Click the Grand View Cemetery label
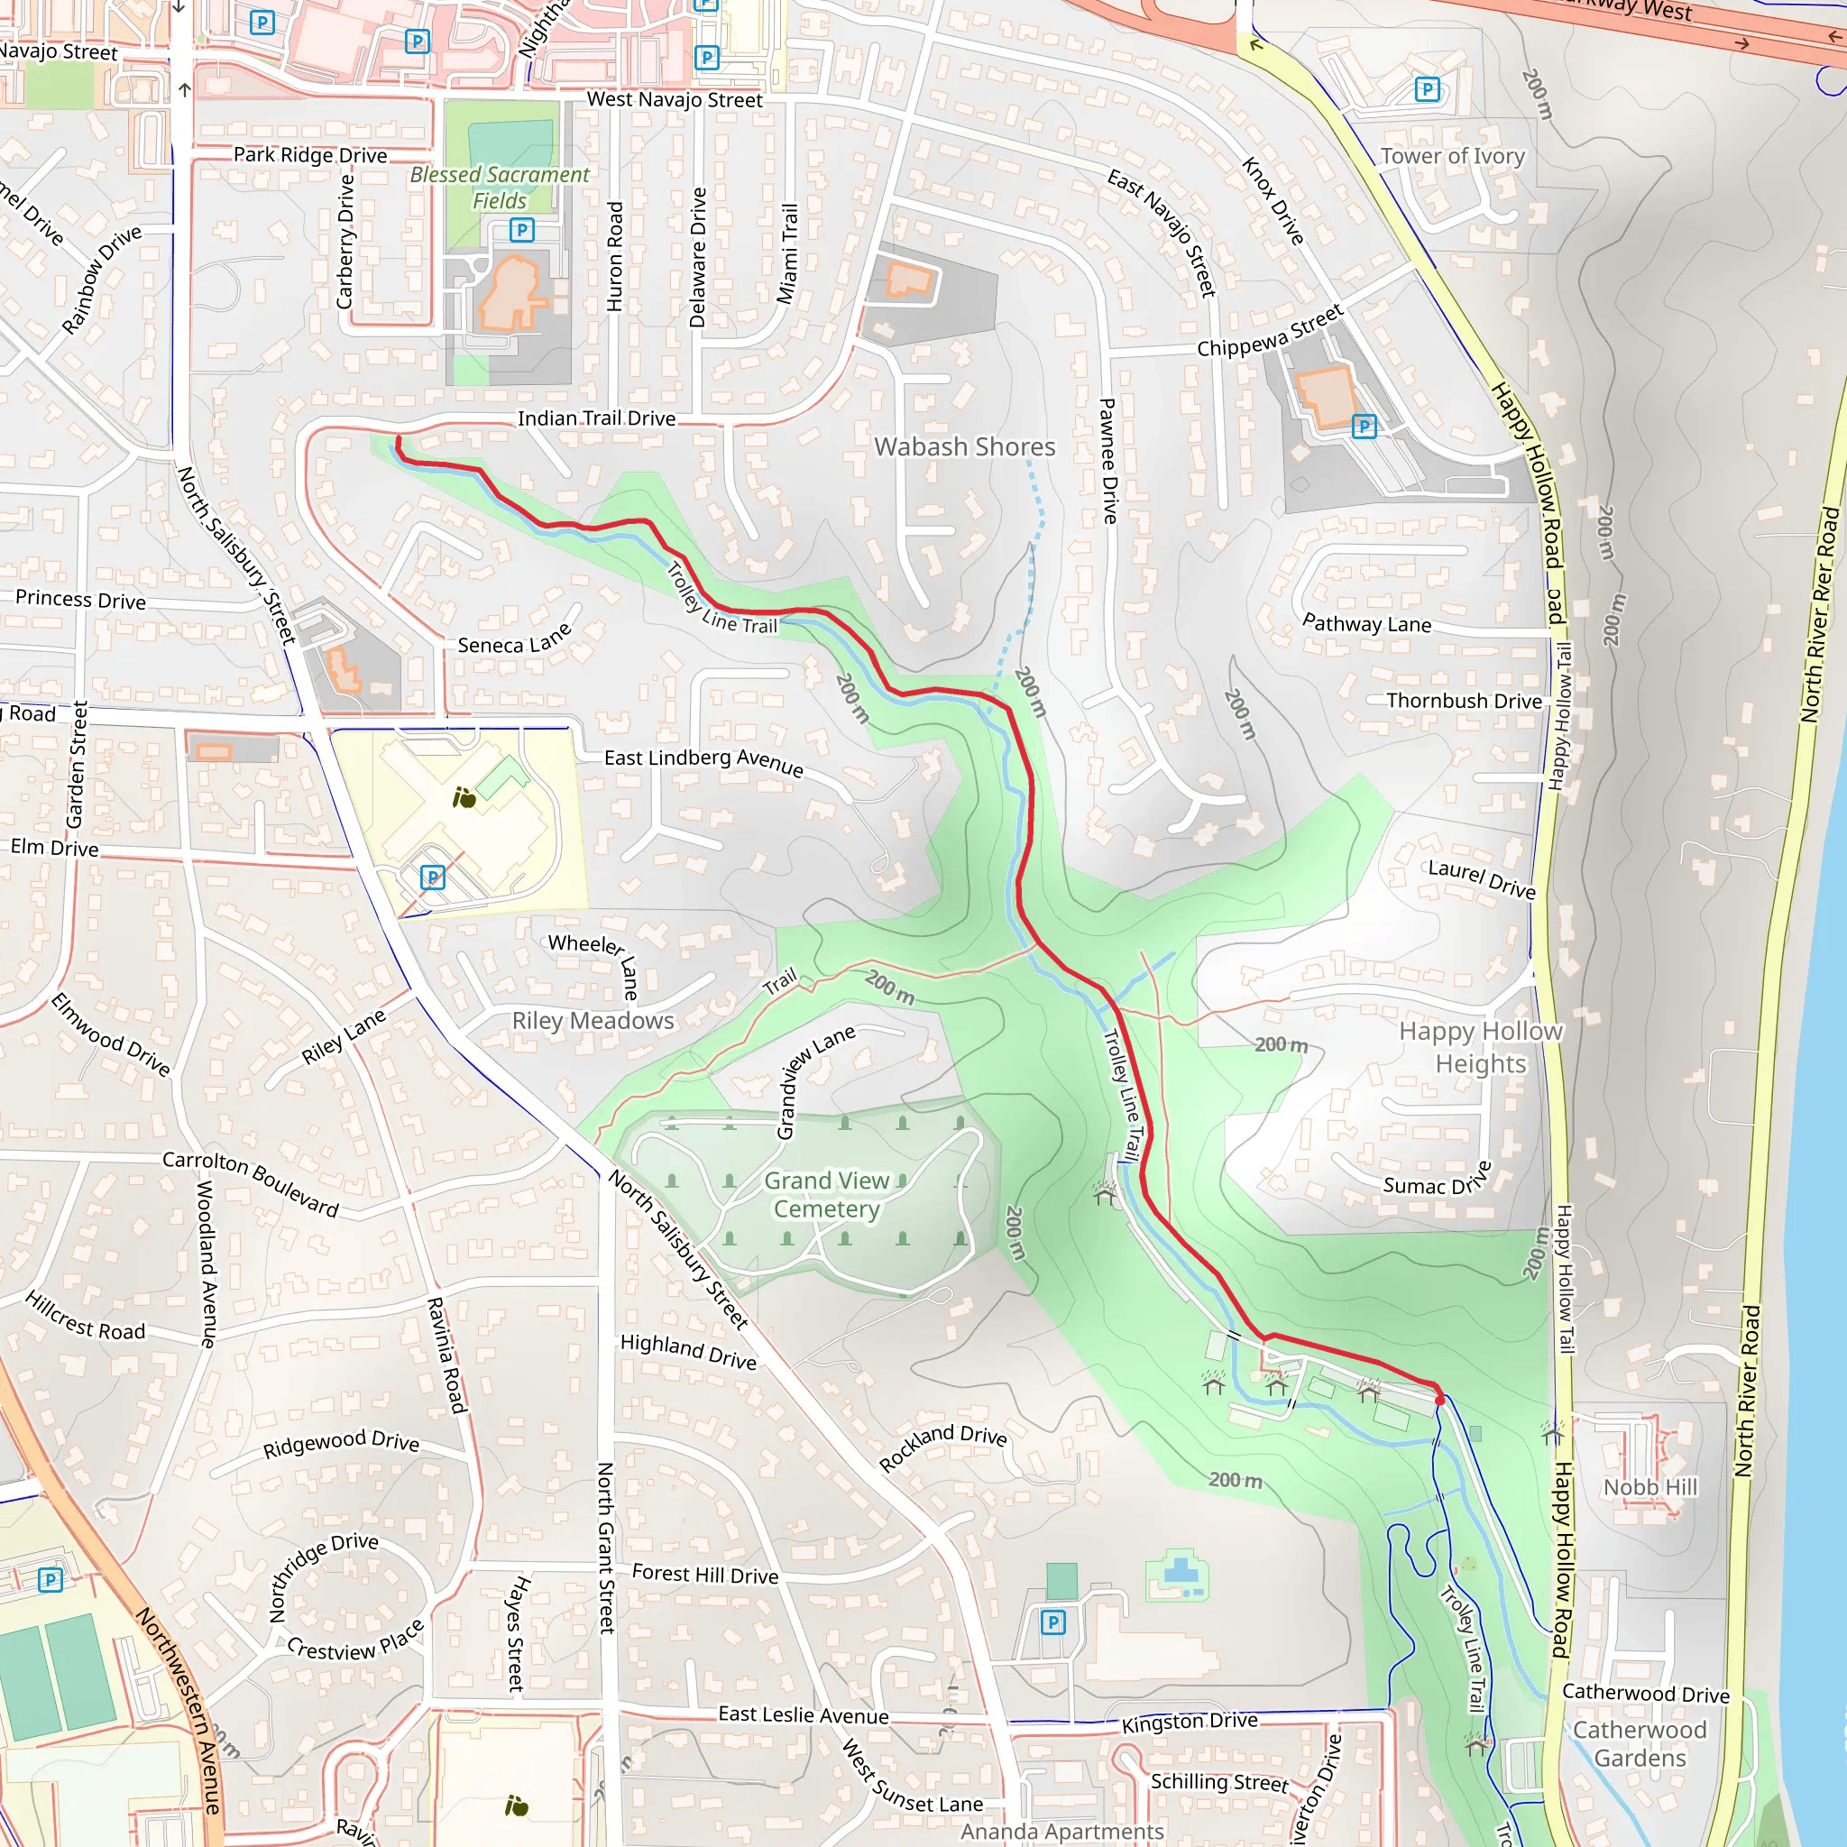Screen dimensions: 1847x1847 coord(825,1195)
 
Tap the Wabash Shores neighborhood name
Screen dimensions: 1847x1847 coord(965,447)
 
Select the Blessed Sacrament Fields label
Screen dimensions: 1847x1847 coord(499,188)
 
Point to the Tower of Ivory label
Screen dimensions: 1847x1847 coord(1452,156)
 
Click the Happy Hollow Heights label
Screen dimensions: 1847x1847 coord(1480,1048)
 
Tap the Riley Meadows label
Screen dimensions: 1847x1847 coord(593,1021)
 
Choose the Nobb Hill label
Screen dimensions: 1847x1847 coord(1650,1487)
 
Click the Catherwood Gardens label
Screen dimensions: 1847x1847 coord(1640,1744)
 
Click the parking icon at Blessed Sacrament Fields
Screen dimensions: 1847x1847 coord(522,229)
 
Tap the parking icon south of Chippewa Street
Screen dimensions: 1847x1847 coord(1365,427)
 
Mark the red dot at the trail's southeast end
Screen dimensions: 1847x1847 coord(1439,1401)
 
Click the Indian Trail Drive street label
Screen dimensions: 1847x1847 coord(596,418)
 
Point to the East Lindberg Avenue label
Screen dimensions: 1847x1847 coord(703,761)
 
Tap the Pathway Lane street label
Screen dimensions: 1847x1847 coord(1366,624)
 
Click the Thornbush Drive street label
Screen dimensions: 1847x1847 coord(1464,701)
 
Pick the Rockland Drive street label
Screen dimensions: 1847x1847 coord(942,1447)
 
